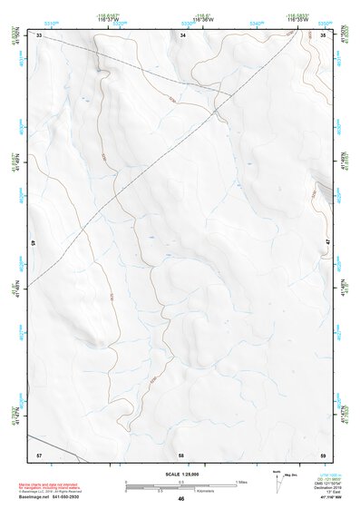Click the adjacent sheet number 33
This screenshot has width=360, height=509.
[39, 34]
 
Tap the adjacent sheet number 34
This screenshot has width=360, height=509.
[182, 34]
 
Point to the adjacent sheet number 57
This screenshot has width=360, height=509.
[39, 453]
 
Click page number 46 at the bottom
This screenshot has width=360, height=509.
[181, 499]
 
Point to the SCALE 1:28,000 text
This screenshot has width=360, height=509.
[180, 474]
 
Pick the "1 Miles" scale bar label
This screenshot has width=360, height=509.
[241, 481]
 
